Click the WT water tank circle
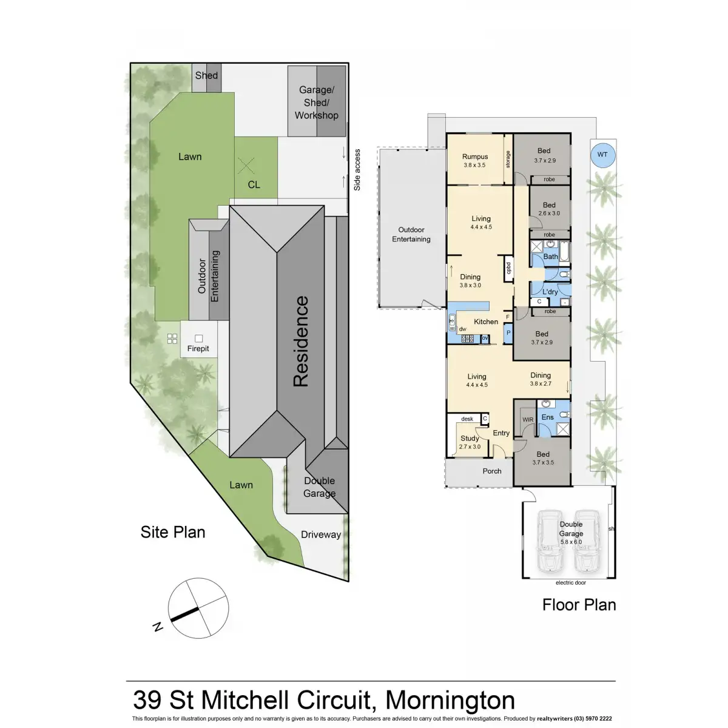[602, 155]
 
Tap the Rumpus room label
[475, 157]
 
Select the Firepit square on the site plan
[198, 339]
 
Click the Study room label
[470, 438]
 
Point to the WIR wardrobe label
[527, 419]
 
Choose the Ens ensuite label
[547, 417]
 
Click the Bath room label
[550, 257]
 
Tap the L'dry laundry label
[550, 292]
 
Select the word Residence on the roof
[301, 341]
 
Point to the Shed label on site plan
[206, 76]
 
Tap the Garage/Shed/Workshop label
[316, 103]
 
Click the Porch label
[492, 471]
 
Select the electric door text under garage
[571, 583]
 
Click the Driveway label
[320, 534]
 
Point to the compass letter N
[158, 627]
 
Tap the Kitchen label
[486, 322]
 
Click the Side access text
[357, 170]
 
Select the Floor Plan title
[579, 605]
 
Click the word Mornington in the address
[450, 699]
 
